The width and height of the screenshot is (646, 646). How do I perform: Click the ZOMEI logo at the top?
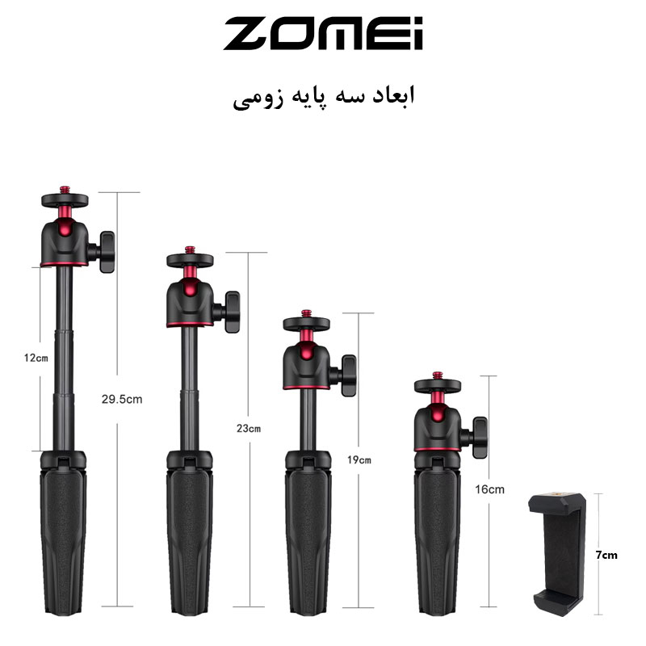pyautogui.click(x=323, y=33)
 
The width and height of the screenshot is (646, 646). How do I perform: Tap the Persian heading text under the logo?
pyautogui.click(x=323, y=98)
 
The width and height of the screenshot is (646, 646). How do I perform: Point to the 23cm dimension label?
pyautogui.click(x=250, y=429)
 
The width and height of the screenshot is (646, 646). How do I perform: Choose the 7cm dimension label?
pyautogui.click(x=607, y=556)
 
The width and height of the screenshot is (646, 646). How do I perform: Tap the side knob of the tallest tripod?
pyautogui.click(x=107, y=251)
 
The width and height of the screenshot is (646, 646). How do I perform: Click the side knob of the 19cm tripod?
pyautogui.click(x=348, y=375)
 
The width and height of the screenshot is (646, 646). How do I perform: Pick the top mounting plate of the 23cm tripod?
pyautogui.click(x=189, y=260)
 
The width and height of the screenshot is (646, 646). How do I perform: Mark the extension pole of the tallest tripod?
pyautogui.click(x=63, y=355)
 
